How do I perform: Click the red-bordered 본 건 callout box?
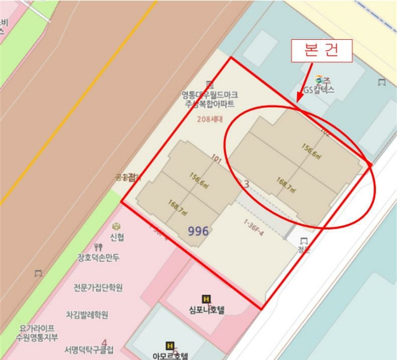(x=322, y=51)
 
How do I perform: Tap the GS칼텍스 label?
(x=319, y=90)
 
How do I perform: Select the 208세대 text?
(x=210, y=119)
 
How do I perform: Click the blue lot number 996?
(x=198, y=231)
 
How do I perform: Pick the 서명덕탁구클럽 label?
(x=89, y=349)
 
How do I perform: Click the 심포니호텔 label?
(x=206, y=310)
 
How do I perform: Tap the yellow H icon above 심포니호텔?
(x=206, y=299)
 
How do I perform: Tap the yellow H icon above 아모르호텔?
(x=169, y=345)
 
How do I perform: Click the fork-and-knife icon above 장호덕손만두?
(x=99, y=247)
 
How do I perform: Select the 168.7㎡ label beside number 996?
(x=178, y=207)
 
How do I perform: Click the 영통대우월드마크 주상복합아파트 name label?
(x=210, y=99)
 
